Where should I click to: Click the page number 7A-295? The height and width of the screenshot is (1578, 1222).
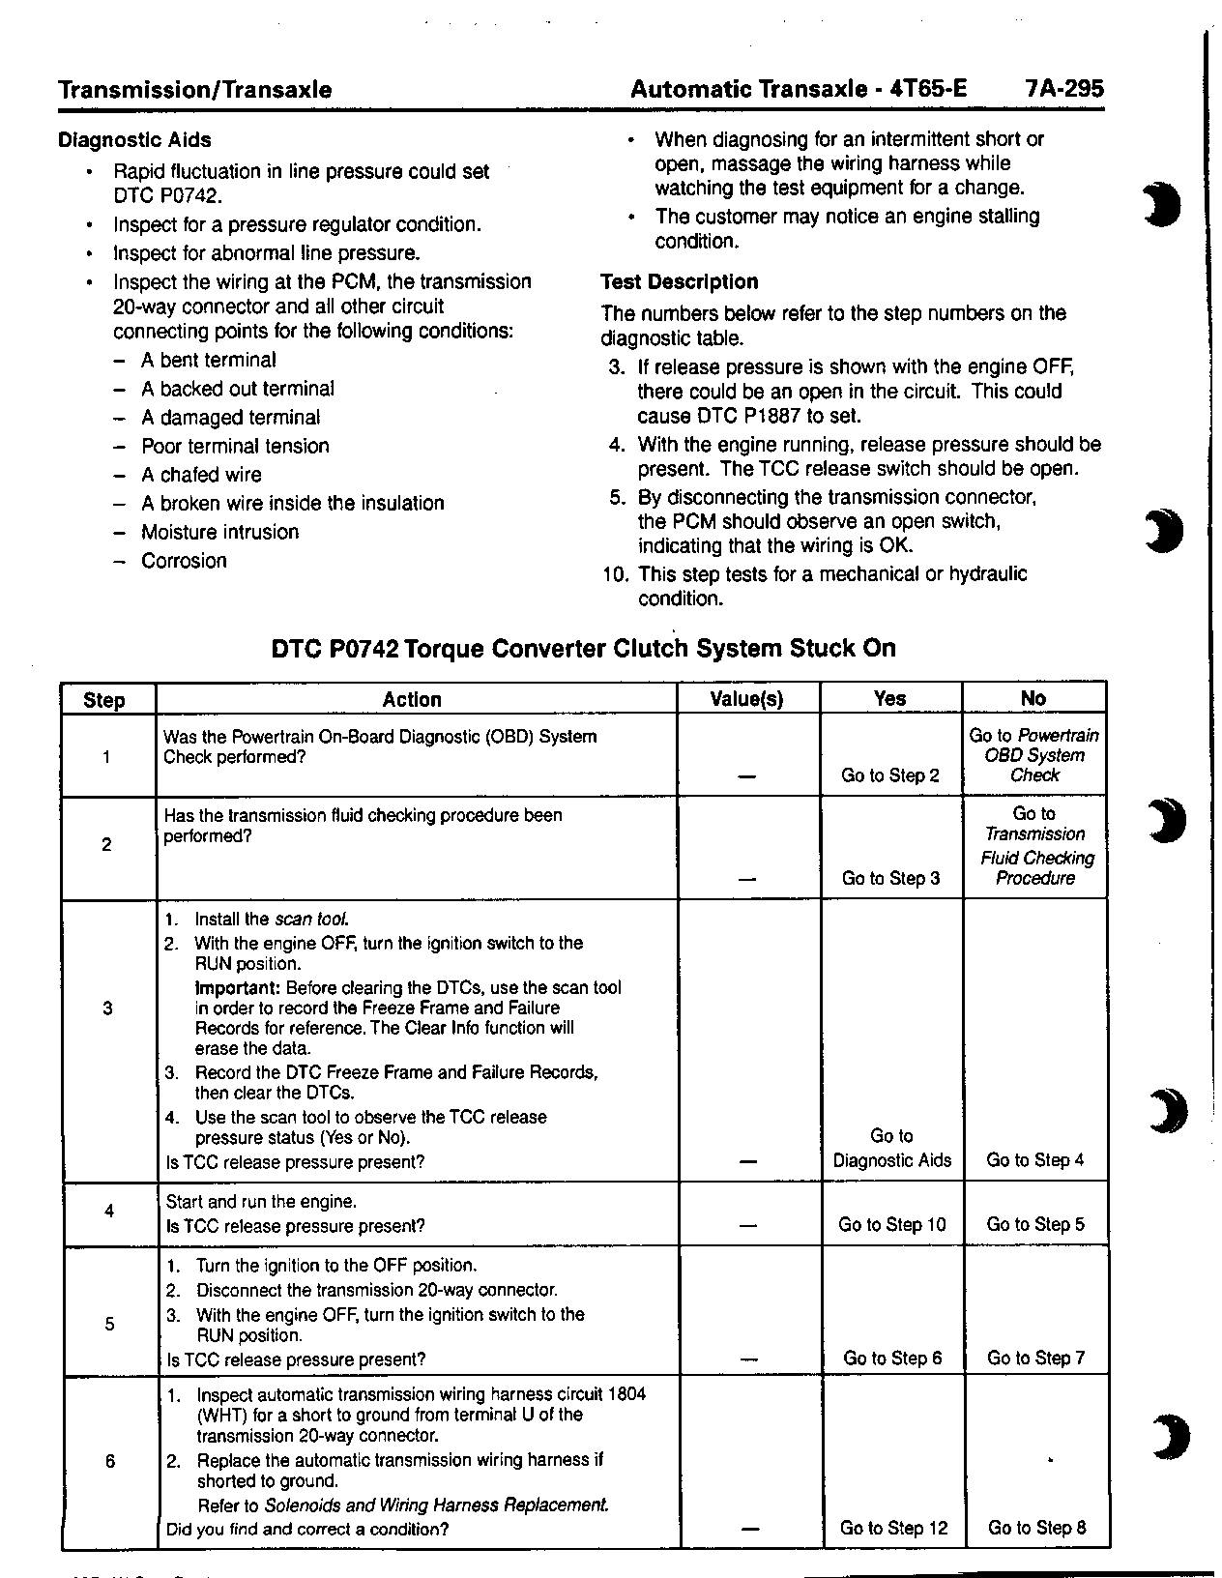pos(1063,90)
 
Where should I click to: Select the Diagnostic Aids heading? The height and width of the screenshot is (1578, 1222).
pos(134,140)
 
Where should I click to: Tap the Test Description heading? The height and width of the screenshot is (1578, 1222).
pos(679,282)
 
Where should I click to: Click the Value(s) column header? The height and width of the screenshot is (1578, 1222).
pos(746,699)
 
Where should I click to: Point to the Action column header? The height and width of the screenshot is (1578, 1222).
pos(412,699)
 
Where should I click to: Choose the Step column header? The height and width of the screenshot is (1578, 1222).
pos(104,700)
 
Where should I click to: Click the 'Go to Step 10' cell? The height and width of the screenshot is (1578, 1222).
pos(891,1225)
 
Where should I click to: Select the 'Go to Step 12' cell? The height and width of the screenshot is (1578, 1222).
pos(893,1529)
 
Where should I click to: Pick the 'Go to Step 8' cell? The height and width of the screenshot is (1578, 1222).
pos(1036,1529)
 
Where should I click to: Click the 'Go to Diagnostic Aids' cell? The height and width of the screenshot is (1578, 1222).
pos(891,1149)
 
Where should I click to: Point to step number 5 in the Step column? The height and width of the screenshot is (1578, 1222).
pos(109,1325)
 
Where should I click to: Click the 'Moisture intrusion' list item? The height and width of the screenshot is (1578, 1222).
pos(219,533)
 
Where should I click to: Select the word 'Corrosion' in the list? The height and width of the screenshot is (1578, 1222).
pos(184,562)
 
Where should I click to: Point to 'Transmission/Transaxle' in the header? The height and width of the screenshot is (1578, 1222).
pos(194,90)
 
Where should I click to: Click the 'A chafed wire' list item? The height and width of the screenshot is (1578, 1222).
pos(201,475)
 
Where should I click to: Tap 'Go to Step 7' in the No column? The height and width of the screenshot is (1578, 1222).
pos(1035,1359)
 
